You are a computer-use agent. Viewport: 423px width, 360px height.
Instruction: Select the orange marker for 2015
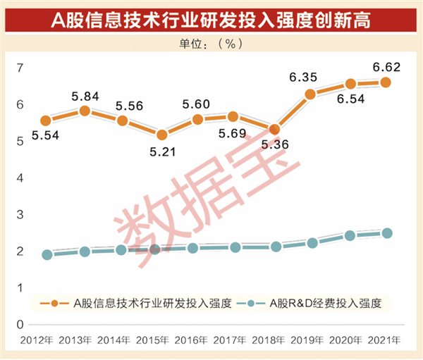tap(161, 135)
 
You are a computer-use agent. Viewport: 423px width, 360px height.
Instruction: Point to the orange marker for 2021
tap(386, 82)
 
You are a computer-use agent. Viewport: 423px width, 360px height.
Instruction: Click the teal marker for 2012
tap(47, 255)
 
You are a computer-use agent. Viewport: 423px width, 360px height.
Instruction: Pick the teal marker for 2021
tap(386, 233)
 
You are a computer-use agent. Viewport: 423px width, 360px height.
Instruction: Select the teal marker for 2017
tap(235, 247)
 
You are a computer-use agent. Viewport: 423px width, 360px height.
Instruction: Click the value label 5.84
tap(85, 96)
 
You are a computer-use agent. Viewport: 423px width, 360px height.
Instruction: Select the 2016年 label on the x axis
tap(198, 341)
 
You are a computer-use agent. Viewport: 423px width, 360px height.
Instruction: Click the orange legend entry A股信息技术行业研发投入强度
tap(141, 304)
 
